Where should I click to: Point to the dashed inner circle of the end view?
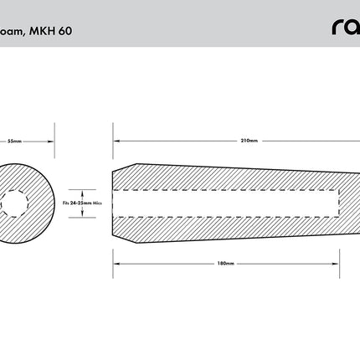[14, 203]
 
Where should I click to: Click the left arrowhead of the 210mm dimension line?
[116, 141]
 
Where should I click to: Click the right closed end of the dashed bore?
[339, 203]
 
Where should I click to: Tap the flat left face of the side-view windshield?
[112, 203]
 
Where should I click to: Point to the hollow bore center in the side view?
[226, 203]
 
